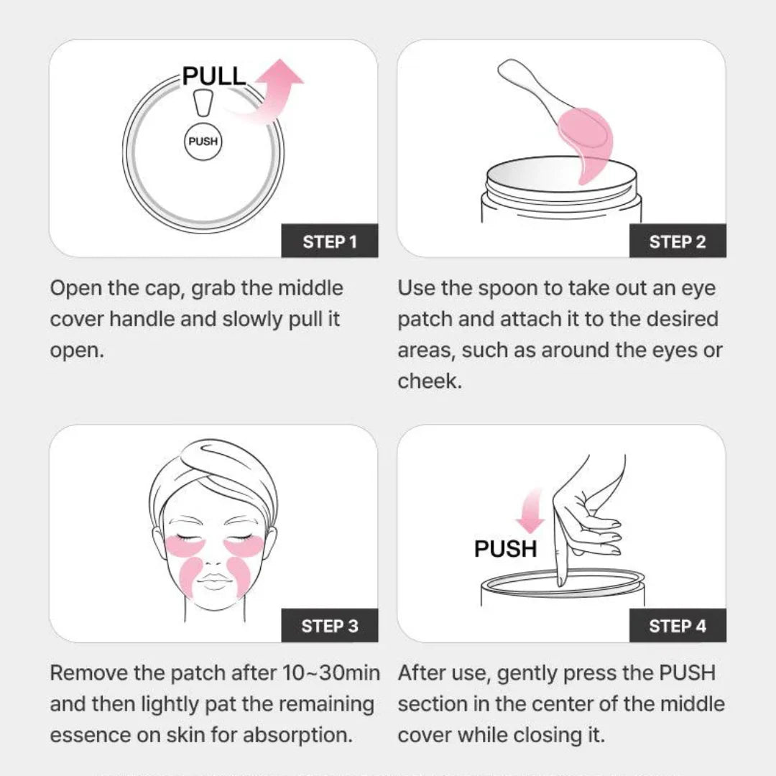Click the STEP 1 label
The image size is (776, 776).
point(330,241)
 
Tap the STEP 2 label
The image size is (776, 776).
point(678,241)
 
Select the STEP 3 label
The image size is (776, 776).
point(330,626)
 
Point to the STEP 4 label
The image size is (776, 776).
point(678,626)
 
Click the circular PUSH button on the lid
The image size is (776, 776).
point(203,142)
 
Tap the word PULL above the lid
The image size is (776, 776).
point(214,76)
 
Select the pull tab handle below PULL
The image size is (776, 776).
point(203,103)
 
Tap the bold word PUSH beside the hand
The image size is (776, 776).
point(505,549)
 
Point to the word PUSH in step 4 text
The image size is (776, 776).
point(687,673)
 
